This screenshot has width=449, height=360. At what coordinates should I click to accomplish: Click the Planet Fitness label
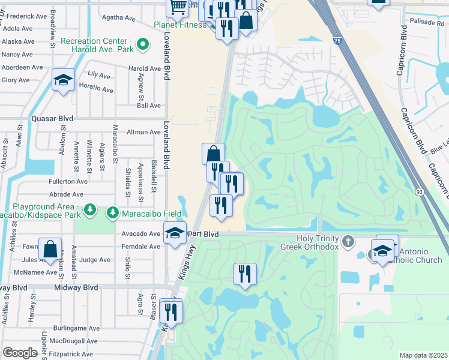pos(179,25)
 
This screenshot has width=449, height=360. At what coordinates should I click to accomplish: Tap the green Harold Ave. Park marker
pos(143,44)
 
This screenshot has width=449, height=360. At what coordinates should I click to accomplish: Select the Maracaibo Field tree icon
pos(112,212)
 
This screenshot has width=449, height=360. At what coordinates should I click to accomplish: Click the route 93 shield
pos(419,191)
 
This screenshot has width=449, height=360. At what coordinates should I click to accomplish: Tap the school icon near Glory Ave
pos(63,80)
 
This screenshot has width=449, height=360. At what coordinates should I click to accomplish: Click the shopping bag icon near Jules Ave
pos(50,248)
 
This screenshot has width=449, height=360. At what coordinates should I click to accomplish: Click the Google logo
pos(20,353)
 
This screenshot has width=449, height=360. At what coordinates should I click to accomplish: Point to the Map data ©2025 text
pos(423,355)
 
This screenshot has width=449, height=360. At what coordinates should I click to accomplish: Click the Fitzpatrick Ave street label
pos(71,354)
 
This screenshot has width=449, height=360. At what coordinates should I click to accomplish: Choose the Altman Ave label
pos(143,132)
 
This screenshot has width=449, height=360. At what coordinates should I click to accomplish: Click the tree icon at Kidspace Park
pos(90,209)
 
